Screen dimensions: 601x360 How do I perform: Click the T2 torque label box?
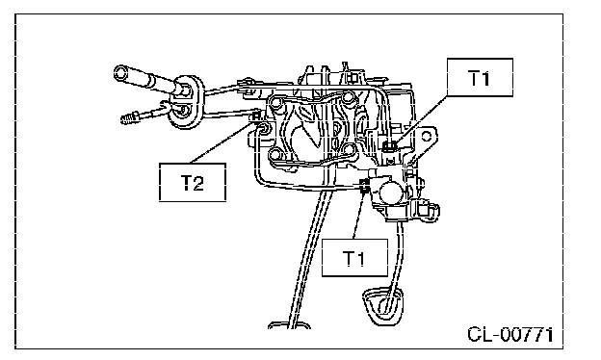coord(193,182)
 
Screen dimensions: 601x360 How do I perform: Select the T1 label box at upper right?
coord(480,77)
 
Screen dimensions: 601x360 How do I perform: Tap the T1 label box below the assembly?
coord(354,258)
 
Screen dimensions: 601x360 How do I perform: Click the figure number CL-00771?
coord(510,335)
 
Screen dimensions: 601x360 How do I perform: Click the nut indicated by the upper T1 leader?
coord(390,146)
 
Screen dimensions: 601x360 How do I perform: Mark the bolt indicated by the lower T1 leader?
coord(365,186)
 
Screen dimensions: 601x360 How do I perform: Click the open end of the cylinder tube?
coord(120,72)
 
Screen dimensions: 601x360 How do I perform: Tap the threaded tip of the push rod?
coord(130,118)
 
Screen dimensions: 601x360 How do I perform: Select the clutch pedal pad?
coord(383,306)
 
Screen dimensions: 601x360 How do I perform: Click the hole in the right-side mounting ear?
coord(427,136)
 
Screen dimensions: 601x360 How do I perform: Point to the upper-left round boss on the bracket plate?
coord(276,103)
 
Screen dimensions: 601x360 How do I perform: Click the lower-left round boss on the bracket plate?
coord(275,155)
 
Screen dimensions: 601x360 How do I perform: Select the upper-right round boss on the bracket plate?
coord(349,98)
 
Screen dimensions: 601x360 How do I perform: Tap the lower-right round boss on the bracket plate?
coord(347,149)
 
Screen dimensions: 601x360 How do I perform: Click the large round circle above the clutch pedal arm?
coord(391,191)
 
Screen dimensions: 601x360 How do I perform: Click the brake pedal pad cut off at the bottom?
coord(289,325)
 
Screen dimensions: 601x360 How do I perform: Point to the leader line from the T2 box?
coord(221,141)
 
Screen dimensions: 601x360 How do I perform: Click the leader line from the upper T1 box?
coord(421,119)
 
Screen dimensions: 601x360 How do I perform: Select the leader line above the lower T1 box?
coord(358,216)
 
